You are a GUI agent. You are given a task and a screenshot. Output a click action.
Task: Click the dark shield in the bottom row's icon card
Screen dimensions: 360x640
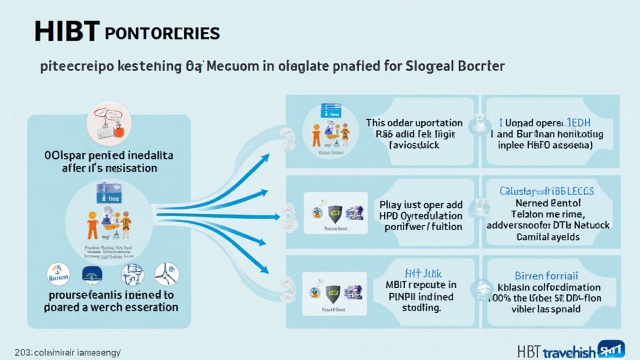[334, 290]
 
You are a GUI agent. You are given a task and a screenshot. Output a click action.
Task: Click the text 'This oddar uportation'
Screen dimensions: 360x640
[414, 122]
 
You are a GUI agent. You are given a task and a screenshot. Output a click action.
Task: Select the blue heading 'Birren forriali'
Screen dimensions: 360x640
[548, 275]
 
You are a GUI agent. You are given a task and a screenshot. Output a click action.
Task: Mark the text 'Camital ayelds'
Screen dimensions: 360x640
[548, 237]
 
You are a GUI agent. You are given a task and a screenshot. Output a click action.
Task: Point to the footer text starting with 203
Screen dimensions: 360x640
[67, 351]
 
